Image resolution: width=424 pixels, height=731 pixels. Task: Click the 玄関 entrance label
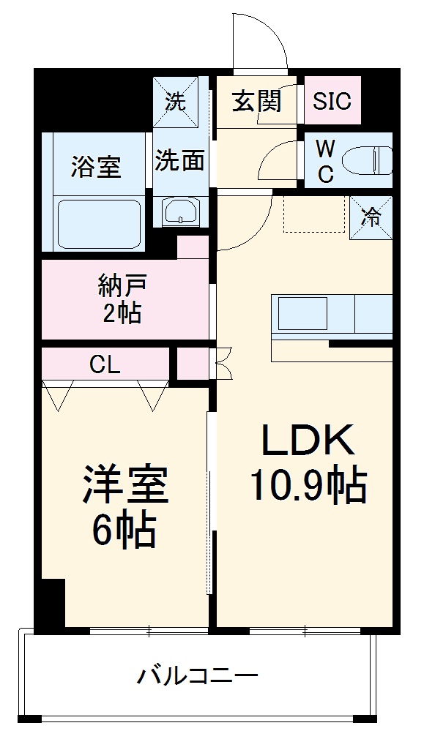[x=256, y=101]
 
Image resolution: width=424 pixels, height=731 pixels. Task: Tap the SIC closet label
[x=332, y=101]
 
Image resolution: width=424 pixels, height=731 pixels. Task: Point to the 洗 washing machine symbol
[x=174, y=102]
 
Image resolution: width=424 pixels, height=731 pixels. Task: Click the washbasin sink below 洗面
[x=179, y=213]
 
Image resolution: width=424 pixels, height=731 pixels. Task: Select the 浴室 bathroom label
[x=95, y=167]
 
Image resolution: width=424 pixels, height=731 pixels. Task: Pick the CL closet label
[x=105, y=364]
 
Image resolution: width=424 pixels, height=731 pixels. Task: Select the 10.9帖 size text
[x=308, y=484]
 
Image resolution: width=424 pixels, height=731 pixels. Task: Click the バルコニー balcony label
[x=197, y=675]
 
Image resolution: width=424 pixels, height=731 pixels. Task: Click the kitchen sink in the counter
[x=302, y=312]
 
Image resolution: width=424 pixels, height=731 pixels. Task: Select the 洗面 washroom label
[x=179, y=161]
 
